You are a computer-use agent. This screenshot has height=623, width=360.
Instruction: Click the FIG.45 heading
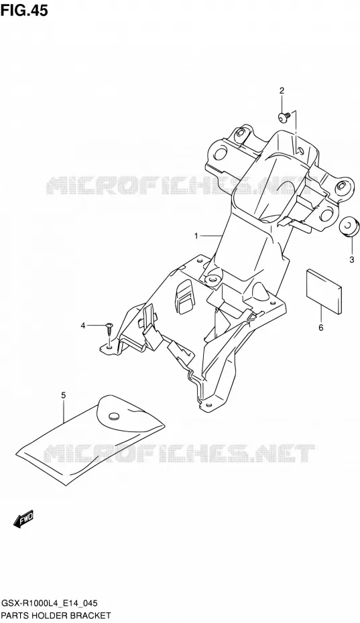click(24, 9)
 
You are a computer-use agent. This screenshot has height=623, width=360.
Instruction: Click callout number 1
click(196, 236)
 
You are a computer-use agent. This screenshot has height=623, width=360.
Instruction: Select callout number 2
click(282, 90)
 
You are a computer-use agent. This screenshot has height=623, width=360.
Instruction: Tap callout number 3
click(352, 260)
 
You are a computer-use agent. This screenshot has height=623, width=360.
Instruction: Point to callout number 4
click(82, 326)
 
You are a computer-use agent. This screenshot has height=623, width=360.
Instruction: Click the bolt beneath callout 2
click(283, 117)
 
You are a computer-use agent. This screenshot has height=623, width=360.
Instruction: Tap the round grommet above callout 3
click(349, 227)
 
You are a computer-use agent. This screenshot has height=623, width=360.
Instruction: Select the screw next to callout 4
click(109, 329)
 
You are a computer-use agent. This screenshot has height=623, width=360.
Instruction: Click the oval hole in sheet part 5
click(114, 415)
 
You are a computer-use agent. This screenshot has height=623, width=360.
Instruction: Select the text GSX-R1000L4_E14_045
click(50, 604)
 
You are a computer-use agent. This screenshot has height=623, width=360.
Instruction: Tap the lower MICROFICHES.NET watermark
click(179, 454)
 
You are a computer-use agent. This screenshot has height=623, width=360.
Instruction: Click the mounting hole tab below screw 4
click(108, 348)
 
